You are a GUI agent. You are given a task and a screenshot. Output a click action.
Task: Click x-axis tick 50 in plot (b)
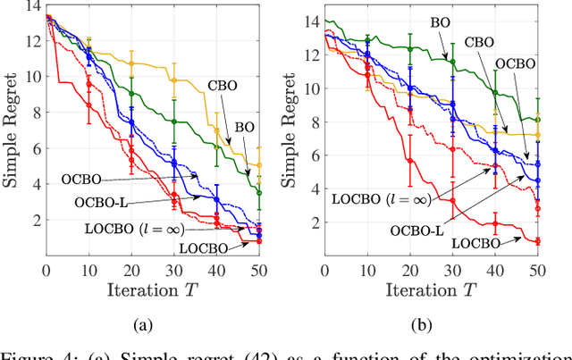(537, 271)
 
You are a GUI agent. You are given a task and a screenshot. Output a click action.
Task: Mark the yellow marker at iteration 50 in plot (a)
(258, 165)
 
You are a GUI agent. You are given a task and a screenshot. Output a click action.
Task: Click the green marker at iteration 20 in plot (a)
(131, 93)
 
